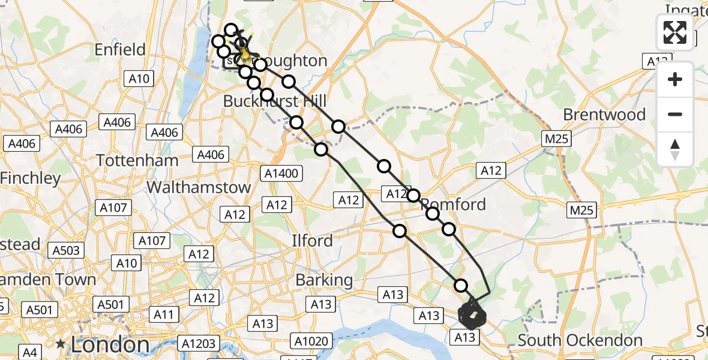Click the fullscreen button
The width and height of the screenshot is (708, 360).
pyautogui.click(x=675, y=32)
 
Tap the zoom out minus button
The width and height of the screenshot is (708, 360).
pyautogui.click(x=675, y=114)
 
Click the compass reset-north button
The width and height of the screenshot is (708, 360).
pyautogui.click(x=675, y=149)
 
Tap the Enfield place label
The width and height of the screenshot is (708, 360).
pyautogui.click(x=120, y=49)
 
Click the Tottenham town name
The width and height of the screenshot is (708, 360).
pyautogui.click(x=138, y=160)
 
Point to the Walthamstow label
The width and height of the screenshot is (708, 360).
pyautogui.click(x=199, y=187)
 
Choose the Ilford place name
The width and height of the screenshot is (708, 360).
pyautogui.click(x=312, y=241)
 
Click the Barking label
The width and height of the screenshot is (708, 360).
pyautogui.click(x=324, y=280)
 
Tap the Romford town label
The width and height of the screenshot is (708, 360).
pyautogui.click(x=454, y=204)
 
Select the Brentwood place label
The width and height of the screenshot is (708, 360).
pyautogui.click(x=604, y=115)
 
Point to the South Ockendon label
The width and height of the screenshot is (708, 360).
pyautogui.click(x=580, y=340)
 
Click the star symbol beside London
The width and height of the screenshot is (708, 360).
pyautogui.click(x=61, y=344)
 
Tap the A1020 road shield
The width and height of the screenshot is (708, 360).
pyautogui.click(x=311, y=341)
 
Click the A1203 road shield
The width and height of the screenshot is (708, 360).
pyautogui.click(x=200, y=343)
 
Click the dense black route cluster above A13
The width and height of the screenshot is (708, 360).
pyautogui.click(x=472, y=315)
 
